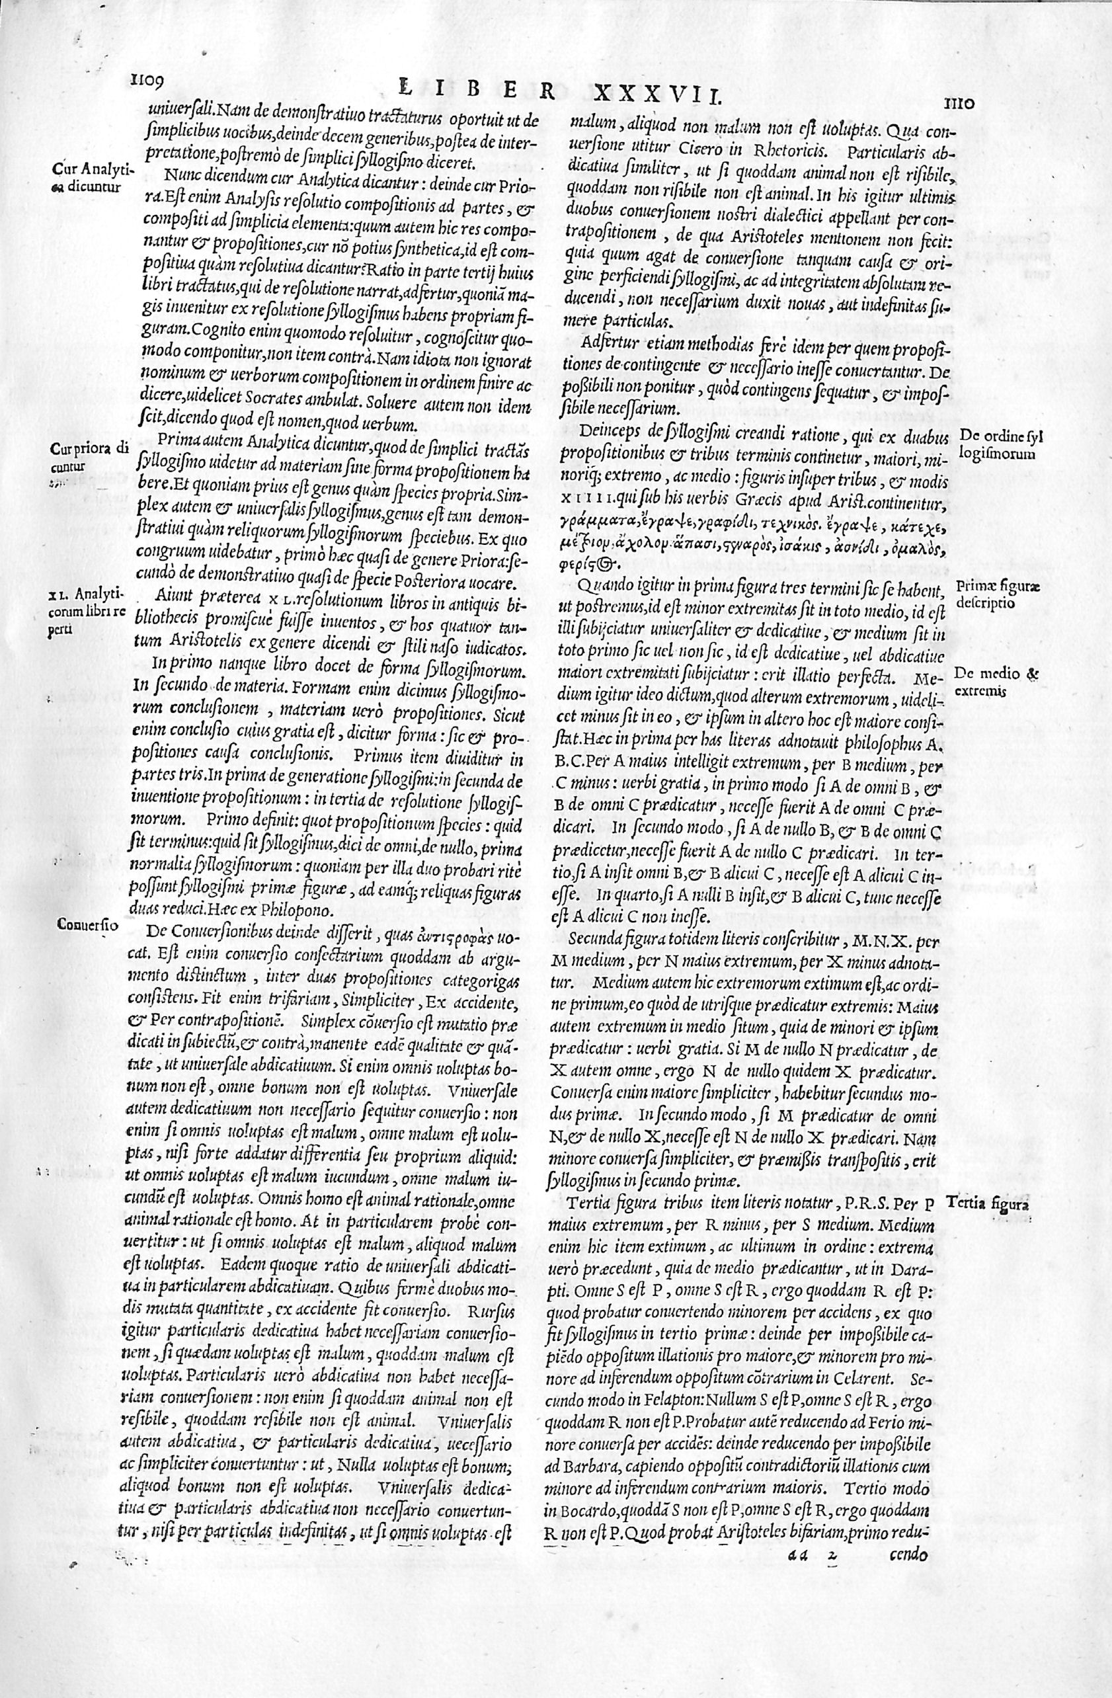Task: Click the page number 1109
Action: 147,82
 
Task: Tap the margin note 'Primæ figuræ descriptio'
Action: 998,594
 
